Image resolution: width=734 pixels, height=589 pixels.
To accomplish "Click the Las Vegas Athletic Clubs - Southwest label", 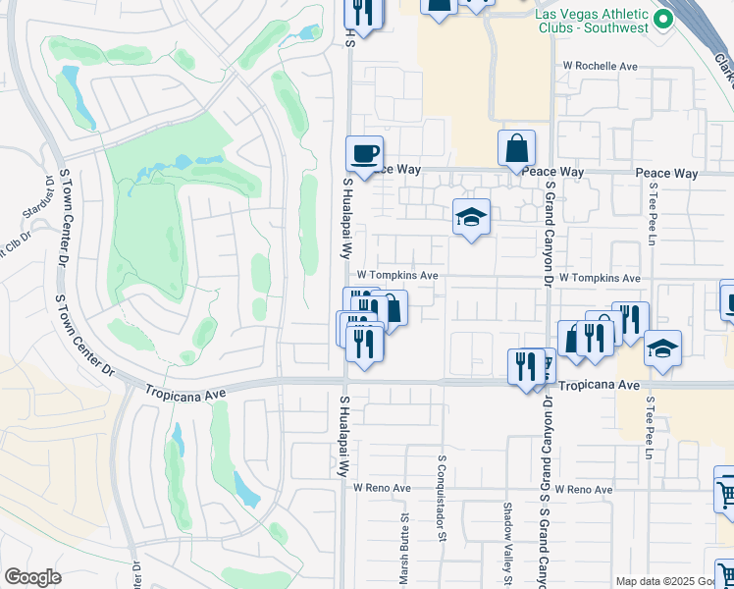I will (x=593, y=21).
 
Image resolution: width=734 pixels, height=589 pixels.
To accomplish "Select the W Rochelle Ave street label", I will (x=601, y=66).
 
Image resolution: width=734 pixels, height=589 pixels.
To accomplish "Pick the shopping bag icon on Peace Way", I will (x=516, y=148).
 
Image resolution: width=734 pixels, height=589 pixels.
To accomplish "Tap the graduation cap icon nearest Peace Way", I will (x=471, y=217).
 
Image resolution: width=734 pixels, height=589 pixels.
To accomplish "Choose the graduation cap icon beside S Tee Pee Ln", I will (x=662, y=348).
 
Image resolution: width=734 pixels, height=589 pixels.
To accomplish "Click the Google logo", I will (x=32, y=577).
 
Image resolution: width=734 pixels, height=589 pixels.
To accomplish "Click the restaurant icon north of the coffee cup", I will (x=363, y=13).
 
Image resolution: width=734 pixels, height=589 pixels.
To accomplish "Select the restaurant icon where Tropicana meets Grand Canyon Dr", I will (x=526, y=367).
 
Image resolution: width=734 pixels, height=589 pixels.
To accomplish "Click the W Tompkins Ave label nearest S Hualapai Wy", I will (x=396, y=276).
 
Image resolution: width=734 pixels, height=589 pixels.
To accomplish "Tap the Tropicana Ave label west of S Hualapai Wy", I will (x=185, y=391).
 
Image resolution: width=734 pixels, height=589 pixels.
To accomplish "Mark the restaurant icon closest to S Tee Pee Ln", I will (x=630, y=319).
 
